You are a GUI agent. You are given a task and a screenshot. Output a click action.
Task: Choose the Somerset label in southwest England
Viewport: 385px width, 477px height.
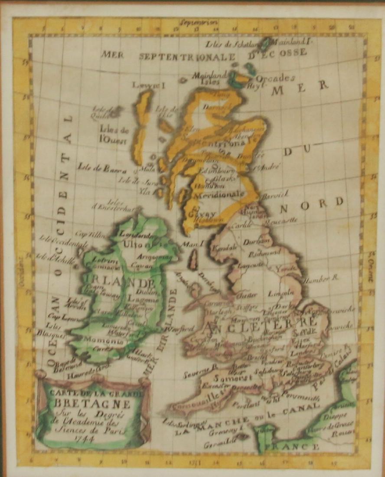(227, 377)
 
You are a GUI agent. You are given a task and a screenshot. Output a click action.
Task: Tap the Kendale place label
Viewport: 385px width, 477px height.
(224, 247)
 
